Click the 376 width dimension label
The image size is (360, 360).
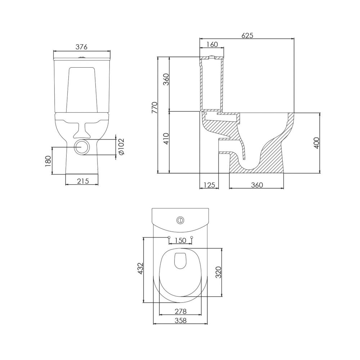point(82,47)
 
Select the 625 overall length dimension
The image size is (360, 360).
point(247,35)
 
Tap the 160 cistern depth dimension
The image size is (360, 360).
point(212,44)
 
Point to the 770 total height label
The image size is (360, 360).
point(154,108)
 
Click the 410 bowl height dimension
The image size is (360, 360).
point(166,139)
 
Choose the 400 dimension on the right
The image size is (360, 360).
point(316,143)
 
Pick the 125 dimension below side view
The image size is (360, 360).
point(209,185)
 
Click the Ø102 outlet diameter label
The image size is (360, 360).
point(121,147)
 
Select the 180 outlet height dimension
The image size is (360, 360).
point(48,161)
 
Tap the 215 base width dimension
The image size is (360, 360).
point(83,181)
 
